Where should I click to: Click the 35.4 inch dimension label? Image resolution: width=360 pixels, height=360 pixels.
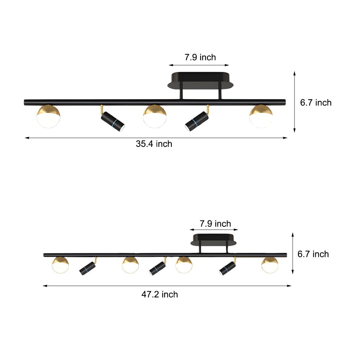(x=154, y=144)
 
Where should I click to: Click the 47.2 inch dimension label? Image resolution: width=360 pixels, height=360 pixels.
(x=159, y=294)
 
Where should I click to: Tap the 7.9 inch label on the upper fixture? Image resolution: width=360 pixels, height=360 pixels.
(x=200, y=57)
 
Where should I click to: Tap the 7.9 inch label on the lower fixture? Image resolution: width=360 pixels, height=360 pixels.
(x=215, y=224)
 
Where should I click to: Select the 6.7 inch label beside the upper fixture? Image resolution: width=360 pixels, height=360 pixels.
(x=316, y=103)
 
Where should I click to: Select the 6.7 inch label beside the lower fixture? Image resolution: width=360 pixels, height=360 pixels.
(x=313, y=254)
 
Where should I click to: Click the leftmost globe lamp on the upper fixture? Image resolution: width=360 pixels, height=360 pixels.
(x=49, y=116)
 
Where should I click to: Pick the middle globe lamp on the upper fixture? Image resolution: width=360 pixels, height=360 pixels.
(x=154, y=116)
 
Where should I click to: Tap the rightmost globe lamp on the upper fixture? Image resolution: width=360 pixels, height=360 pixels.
(x=261, y=116)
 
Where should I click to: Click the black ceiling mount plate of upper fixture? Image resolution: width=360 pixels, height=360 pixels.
(x=201, y=80)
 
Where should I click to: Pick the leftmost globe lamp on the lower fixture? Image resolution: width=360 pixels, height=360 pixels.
(x=60, y=265)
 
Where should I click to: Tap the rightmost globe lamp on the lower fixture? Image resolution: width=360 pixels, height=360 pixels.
(x=270, y=265)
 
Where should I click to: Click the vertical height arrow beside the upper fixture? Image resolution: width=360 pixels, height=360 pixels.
(x=294, y=102)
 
